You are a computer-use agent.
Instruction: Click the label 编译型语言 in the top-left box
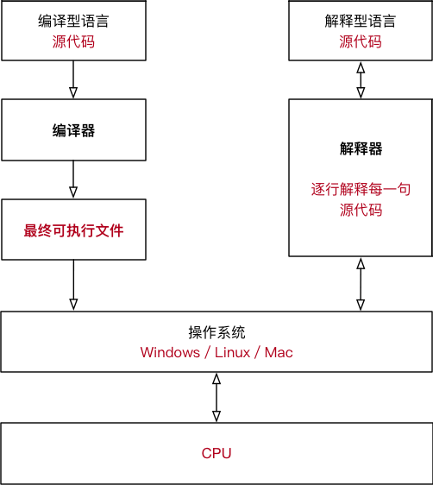coord(73,22)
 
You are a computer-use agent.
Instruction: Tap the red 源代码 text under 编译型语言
coord(73,41)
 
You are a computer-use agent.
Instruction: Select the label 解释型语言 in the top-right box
coord(360,22)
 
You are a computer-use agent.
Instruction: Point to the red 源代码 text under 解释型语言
coord(360,41)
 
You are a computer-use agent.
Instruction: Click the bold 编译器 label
coord(73,131)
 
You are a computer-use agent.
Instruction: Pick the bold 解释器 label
coord(360,148)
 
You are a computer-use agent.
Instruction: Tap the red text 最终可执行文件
coord(73,230)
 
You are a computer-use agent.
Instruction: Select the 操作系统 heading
coord(216,332)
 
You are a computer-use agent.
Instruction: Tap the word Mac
coord(279,352)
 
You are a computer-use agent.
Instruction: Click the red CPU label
coord(216,453)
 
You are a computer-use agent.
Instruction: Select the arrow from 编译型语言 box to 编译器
coord(73,79)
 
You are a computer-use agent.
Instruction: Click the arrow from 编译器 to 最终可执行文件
coord(73,180)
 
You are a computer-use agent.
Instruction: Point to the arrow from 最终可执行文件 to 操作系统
coord(73,285)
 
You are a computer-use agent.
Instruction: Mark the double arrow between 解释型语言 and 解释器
coord(360,79)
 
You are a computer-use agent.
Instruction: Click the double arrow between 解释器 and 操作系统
coord(360,285)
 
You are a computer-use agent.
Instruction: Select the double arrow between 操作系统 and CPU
coord(216,397)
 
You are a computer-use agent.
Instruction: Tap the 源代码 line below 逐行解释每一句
coord(360,210)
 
